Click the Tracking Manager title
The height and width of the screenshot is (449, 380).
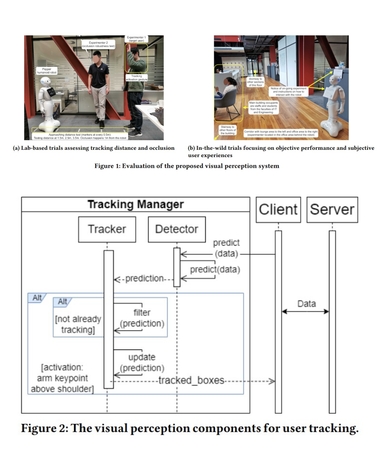[x=135, y=204]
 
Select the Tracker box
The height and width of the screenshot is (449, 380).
[x=107, y=229]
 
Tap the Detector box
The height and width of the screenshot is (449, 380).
[x=176, y=229]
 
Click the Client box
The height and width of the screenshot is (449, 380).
[x=278, y=210]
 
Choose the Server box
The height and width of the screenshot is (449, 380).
[x=332, y=210]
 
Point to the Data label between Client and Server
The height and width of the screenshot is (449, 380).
[x=306, y=303]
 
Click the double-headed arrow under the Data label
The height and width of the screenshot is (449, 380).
[x=305, y=312]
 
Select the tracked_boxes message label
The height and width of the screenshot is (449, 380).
[x=191, y=380]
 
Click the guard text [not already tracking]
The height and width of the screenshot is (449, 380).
[x=78, y=324]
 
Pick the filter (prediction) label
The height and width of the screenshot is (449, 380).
[x=142, y=318]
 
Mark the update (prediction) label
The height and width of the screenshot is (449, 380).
[x=142, y=363]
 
